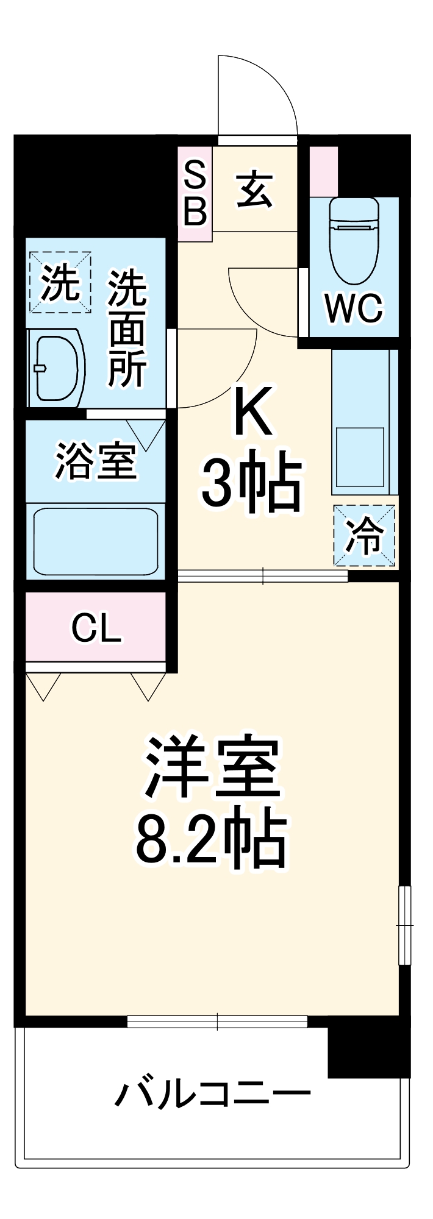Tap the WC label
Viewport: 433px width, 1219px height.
point(354,308)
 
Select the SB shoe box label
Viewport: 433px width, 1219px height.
point(195,194)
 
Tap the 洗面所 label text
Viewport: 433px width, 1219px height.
point(127,329)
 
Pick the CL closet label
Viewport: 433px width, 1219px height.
point(96,628)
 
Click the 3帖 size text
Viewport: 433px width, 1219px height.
point(252,485)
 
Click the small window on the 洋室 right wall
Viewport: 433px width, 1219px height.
point(404,925)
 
